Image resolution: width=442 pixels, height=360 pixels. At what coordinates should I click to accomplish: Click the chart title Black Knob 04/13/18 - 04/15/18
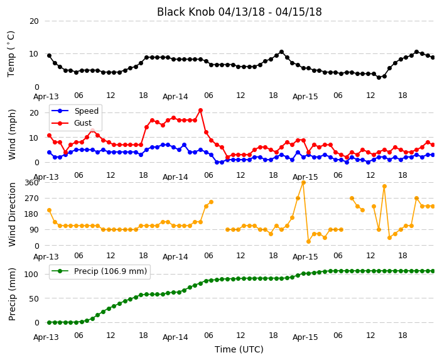coord(239,12)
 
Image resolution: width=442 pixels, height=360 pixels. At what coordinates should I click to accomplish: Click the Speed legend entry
coord(75,111)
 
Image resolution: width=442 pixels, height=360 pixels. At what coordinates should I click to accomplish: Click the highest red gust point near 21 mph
coord(200,111)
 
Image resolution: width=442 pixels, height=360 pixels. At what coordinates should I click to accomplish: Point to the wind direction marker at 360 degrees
coord(303,183)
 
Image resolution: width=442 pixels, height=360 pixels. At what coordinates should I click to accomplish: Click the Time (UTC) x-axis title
coord(239,349)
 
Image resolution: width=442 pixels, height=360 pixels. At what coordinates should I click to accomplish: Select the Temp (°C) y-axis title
coord(11,53)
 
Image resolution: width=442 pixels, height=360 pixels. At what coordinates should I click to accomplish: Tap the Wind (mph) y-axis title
coord(12,134)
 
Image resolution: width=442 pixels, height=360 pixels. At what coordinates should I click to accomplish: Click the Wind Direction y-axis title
coord(12,214)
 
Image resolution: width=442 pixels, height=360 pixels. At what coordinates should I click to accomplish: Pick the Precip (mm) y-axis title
coord(12,294)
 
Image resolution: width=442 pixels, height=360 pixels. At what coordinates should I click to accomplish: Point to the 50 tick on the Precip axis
coord(34,298)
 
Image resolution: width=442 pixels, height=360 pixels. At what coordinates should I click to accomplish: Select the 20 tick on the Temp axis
coord(34,21)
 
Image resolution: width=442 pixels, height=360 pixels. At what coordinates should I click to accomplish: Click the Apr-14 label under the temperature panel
coord(175,97)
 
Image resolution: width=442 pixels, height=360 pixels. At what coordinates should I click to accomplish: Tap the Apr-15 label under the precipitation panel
coord(305,337)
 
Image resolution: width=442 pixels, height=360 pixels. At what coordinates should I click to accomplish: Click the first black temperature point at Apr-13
coord(50,55)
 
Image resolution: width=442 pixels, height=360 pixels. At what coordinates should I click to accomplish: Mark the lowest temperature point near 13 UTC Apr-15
coord(379,77)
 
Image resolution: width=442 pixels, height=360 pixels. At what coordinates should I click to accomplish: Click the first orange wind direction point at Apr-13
coord(50,210)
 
